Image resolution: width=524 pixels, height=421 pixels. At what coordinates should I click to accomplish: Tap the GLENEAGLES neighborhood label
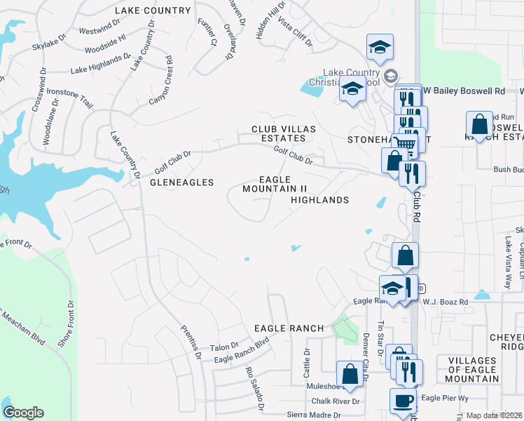181,182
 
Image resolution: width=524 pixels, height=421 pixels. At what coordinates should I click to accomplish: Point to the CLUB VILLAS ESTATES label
284,134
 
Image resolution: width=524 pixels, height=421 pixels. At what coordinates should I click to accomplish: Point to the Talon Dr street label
224,347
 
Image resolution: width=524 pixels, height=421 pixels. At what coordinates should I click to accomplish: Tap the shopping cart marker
404,144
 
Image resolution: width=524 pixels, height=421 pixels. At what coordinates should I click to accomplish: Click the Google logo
23,413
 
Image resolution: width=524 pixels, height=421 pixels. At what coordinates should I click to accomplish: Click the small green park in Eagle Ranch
345,327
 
